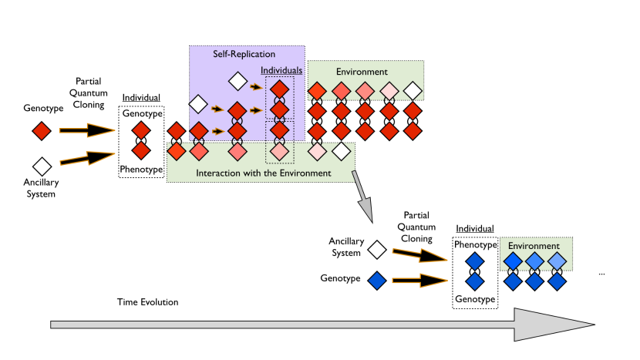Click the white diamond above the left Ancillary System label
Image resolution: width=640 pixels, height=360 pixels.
(42, 165)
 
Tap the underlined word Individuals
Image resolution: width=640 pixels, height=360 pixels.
(281, 70)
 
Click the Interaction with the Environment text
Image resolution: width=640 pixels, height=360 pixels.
(264, 173)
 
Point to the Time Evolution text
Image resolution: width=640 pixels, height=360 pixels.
(147, 301)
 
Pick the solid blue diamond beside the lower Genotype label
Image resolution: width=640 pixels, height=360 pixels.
(377, 279)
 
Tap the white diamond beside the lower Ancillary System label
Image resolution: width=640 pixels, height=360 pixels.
(377, 249)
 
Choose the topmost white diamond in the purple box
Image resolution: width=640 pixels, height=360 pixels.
(237, 79)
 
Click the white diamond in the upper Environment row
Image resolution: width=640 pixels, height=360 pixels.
(413, 93)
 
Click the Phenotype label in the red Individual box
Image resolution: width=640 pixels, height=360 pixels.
(141, 169)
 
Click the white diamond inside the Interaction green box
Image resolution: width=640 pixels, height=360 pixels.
(340, 150)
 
